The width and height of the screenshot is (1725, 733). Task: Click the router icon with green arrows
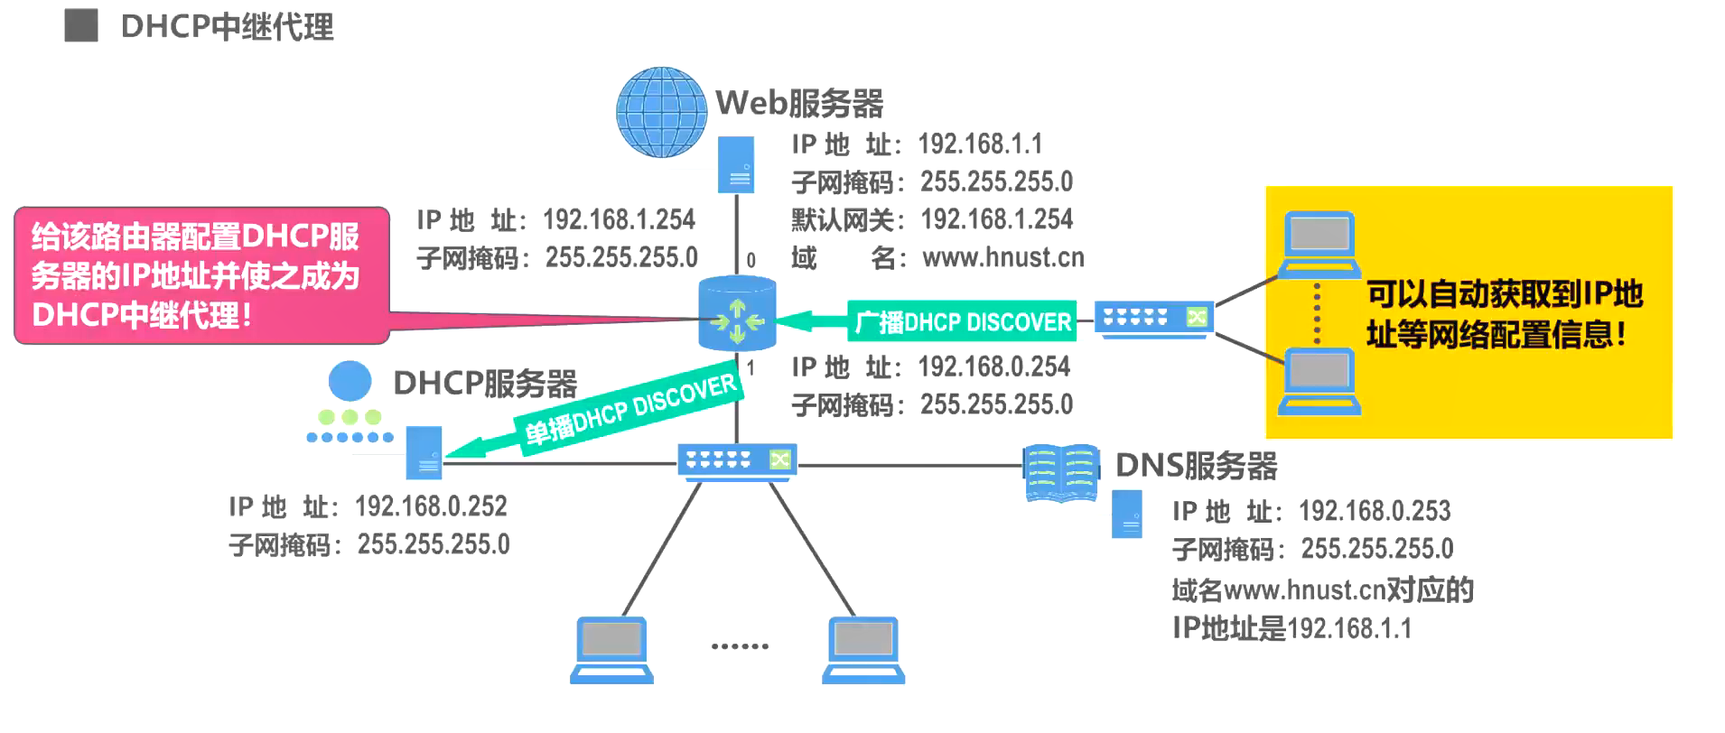[x=737, y=314]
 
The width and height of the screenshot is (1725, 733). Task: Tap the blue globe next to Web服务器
[x=661, y=112]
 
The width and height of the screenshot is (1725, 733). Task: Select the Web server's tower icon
[x=736, y=165]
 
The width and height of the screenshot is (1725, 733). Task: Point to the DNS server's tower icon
[x=1127, y=515]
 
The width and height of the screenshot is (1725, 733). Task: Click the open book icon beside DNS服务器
[x=1061, y=472]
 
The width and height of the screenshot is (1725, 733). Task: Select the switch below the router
[x=737, y=460]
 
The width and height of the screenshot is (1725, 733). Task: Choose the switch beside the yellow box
[x=1154, y=319]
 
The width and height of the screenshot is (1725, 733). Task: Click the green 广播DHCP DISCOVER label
[x=963, y=321]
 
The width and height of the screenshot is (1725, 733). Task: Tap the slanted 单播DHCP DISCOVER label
[x=630, y=410]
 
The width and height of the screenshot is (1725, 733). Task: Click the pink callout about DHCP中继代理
[x=201, y=275]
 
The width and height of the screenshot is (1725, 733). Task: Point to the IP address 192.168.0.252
[x=431, y=506]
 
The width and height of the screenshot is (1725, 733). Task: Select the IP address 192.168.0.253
[x=1375, y=511]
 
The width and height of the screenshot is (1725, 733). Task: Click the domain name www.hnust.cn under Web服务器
[x=1002, y=258]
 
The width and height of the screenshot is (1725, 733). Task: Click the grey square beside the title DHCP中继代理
[x=81, y=26]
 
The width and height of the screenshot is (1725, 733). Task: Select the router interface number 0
[x=751, y=261]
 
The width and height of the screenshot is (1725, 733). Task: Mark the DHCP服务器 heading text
[x=485, y=384]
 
